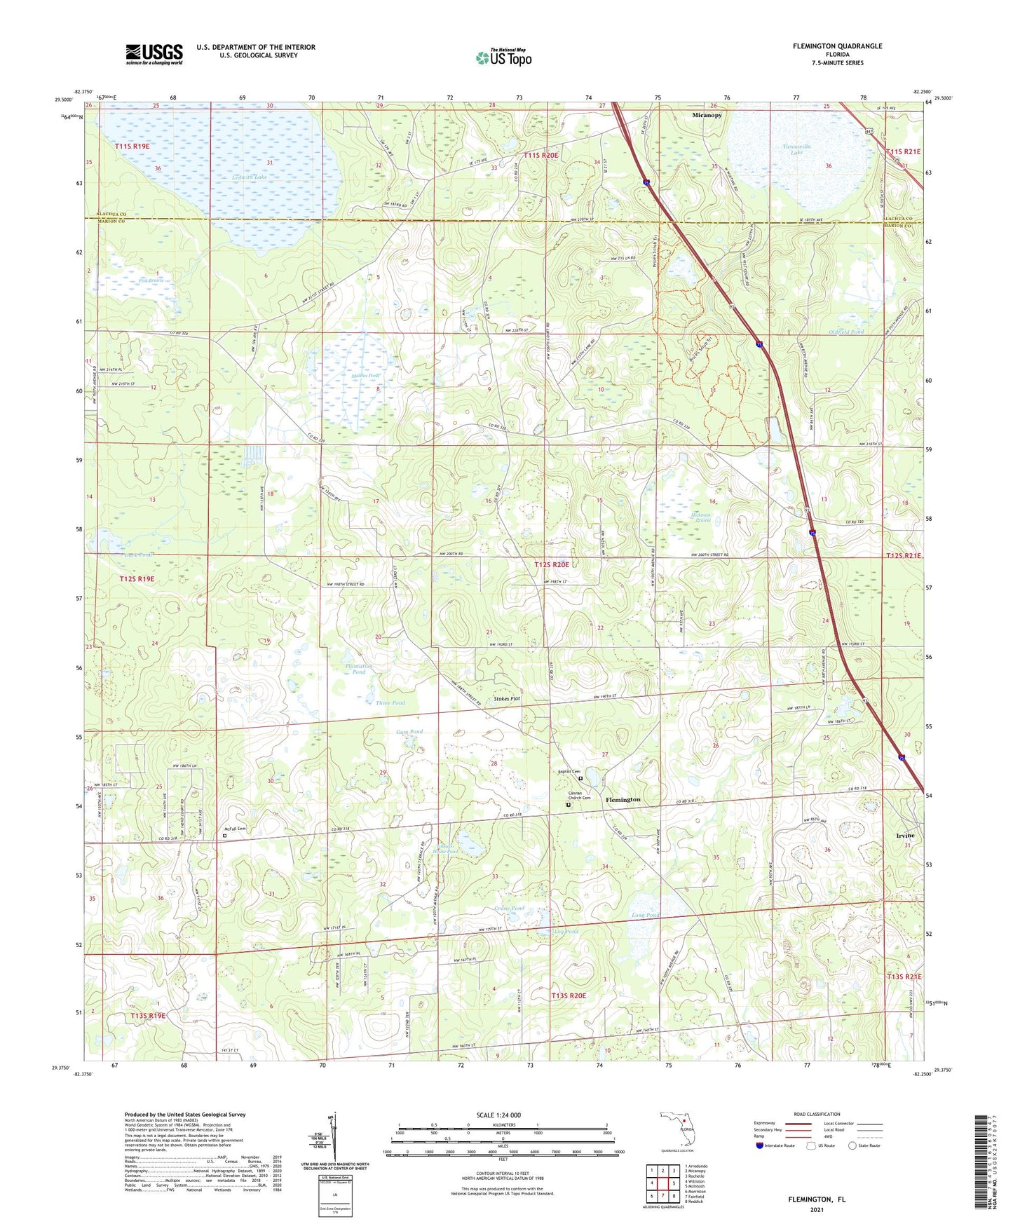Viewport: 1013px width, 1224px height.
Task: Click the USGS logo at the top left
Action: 154,54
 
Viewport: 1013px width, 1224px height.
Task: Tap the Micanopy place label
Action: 706,115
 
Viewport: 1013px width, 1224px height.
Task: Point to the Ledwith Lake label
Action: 250,177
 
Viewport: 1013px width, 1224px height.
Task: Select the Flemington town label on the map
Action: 623,799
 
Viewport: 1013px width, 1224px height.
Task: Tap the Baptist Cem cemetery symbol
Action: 580,777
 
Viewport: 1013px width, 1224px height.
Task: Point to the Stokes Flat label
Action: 507,699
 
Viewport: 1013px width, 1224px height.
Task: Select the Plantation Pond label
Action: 359,669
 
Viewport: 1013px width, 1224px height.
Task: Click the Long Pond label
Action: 646,916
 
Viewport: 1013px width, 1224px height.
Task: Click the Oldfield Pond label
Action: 847,332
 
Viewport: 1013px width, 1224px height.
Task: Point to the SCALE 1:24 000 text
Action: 498,1115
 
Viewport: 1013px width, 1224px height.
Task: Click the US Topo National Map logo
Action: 503,57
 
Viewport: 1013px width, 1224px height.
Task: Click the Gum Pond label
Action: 409,732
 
